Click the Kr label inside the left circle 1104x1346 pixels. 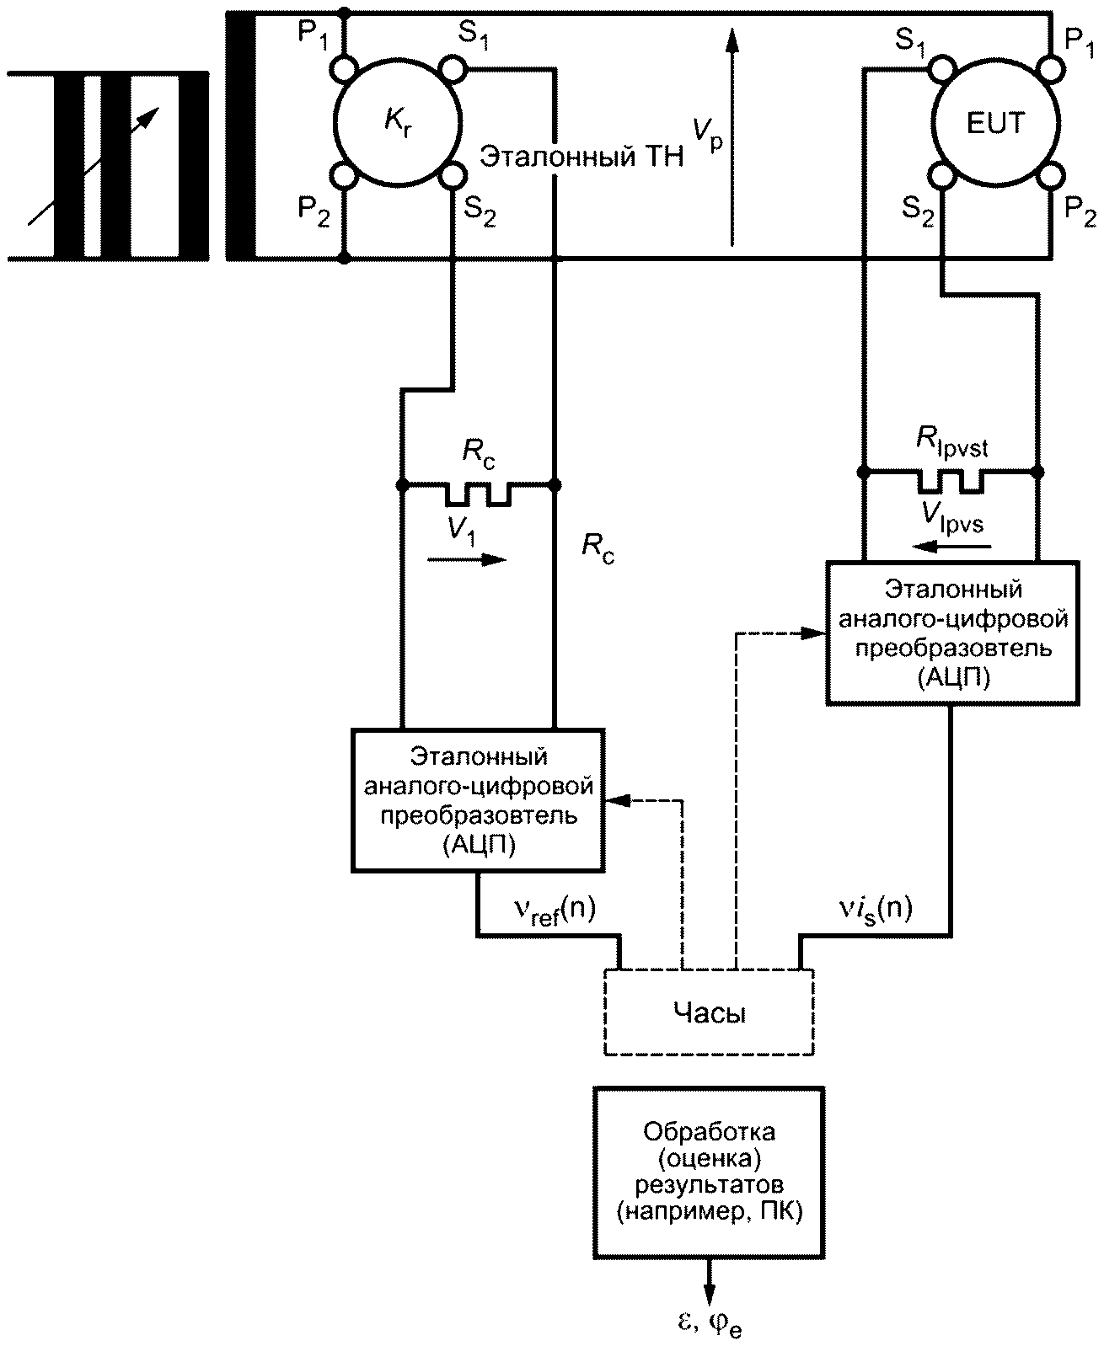click(398, 122)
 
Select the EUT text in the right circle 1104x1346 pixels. click(995, 123)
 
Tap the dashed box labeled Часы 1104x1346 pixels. click(709, 1012)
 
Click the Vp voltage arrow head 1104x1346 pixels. click(732, 40)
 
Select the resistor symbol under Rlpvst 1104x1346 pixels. click(950, 482)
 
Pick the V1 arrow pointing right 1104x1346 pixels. click(467, 560)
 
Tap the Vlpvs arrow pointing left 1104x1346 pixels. click(951, 547)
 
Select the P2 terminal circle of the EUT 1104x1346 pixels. click(1050, 175)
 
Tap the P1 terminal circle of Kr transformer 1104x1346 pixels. click(344, 68)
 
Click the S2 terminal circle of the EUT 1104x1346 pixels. click(942, 175)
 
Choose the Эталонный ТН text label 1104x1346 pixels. click(581, 157)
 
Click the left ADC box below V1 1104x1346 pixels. click(478, 800)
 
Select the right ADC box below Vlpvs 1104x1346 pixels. click(952, 633)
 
